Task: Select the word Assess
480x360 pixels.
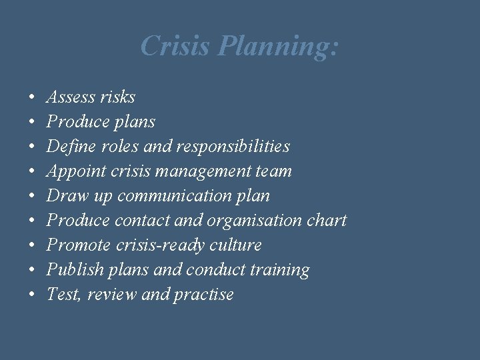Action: click(x=70, y=97)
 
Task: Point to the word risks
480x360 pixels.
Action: click(x=117, y=97)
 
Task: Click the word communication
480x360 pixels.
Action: click(x=175, y=196)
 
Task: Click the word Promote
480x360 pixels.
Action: click(x=76, y=245)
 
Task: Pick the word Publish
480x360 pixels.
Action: click(x=72, y=270)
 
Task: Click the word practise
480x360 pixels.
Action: click(x=203, y=295)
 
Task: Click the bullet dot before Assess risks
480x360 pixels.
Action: click(x=33, y=98)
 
